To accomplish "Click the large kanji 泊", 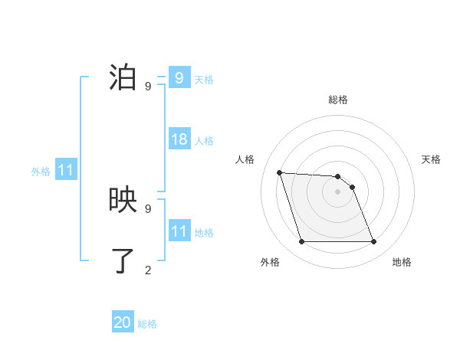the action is click(125, 79).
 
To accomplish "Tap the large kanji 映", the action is click(125, 201).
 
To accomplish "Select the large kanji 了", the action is click(125, 261).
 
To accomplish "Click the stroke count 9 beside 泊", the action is click(148, 87).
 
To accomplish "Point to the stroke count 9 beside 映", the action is click(148, 208).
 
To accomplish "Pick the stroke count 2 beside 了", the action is click(148, 270).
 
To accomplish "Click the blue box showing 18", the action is click(179, 139).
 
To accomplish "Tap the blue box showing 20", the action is click(123, 322).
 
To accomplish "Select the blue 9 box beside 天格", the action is click(179, 78).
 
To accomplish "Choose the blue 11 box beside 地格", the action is click(179, 231).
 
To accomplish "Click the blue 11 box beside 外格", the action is click(66, 170).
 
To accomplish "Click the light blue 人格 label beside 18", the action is click(204, 141).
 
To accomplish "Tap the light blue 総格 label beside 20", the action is click(147, 324).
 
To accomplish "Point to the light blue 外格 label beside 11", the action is click(41, 172).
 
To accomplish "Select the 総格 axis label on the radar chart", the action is click(337, 100).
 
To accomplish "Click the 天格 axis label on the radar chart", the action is click(432, 159).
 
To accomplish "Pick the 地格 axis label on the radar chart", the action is click(402, 262).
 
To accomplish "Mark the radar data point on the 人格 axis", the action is click(280, 172).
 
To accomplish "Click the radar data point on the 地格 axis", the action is click(373, 242).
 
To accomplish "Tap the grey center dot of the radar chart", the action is click(337, 191).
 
